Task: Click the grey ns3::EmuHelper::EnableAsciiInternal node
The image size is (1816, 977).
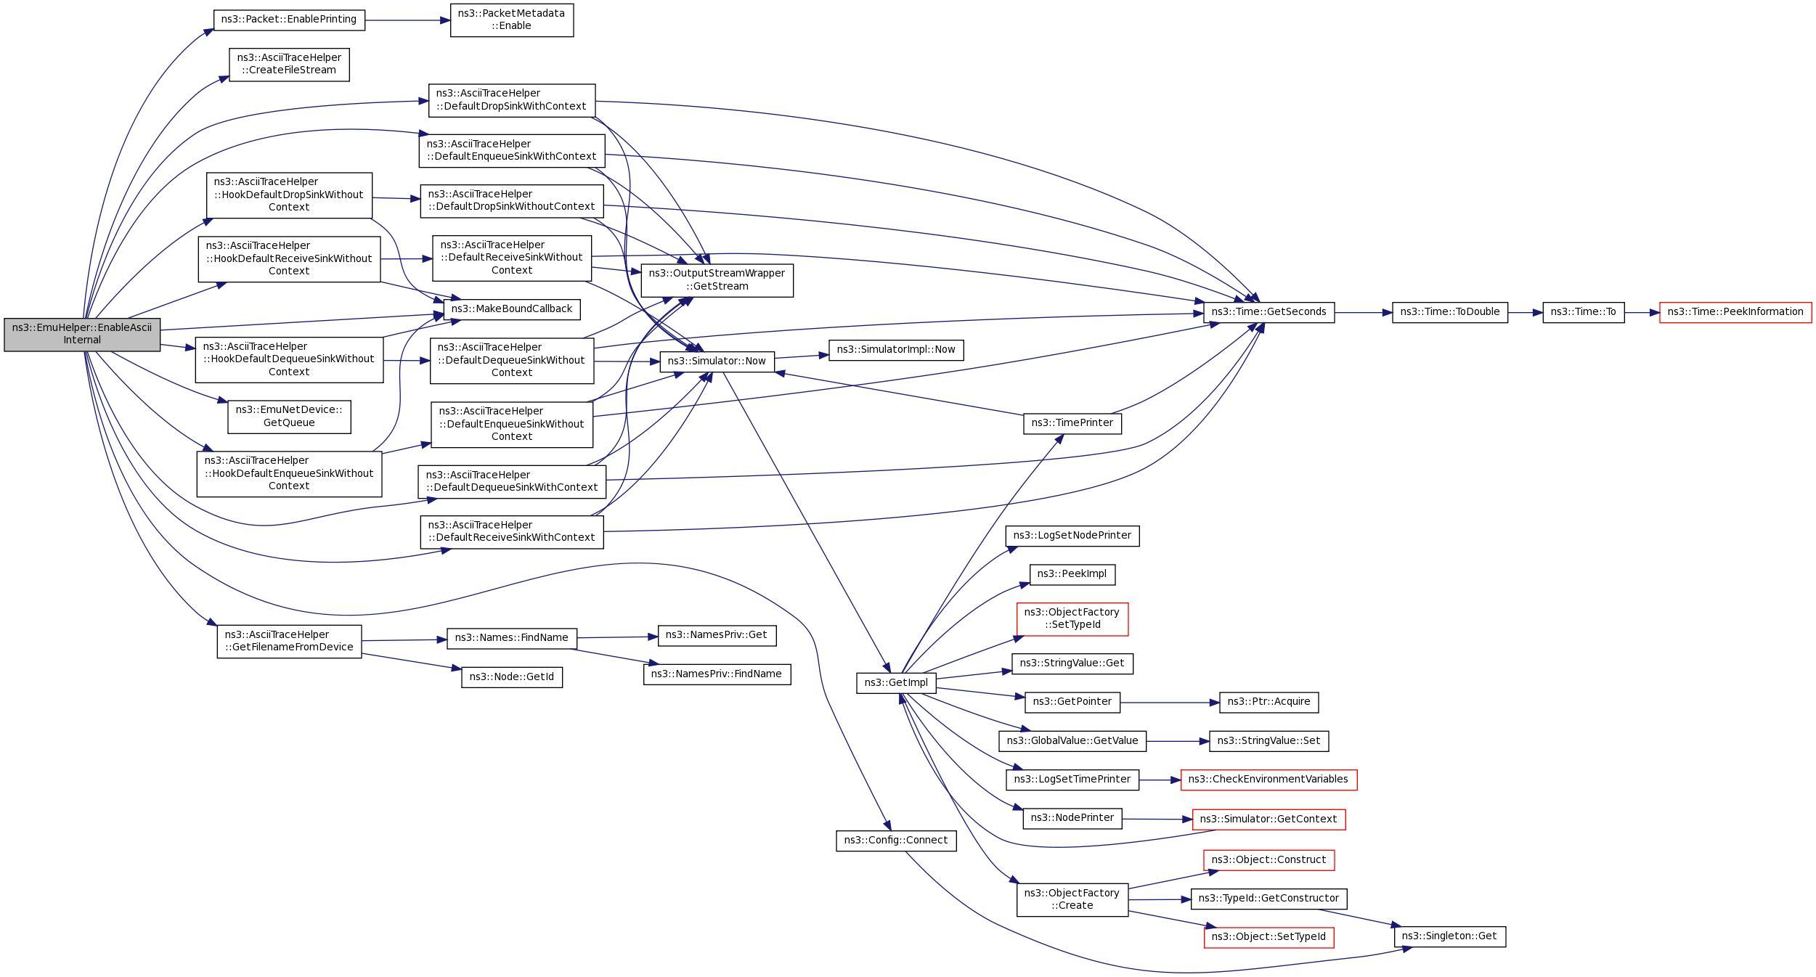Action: pyautogui.click(x=82, y=335)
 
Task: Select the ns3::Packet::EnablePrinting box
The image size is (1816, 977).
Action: pyautogui.click(x=289, y=20)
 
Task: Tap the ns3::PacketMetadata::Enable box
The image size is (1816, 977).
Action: pyautogui.click(x=511, y=20)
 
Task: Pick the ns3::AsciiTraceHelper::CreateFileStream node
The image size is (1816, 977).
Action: pyautogui.click(x=289, y=65)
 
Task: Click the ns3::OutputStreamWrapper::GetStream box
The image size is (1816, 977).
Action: pyautogui.click(x=717, y=280)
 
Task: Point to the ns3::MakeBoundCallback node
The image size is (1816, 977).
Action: pyautogui.click(x=511, y=309)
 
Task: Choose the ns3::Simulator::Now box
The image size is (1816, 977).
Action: pyautogui.click(x=717, y=361)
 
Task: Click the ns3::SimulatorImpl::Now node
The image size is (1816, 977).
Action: pyautogui.click(x=896, y=350)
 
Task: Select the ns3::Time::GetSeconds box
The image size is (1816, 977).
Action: pyautogui.click(x=1269, y=313)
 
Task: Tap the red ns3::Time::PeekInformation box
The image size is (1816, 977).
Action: pyautogui.click(x=1735, y=313)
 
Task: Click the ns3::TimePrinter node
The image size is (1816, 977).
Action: pyautogui.click(x=1072, y=423)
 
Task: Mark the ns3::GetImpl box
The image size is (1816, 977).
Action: pyautogui.click(x=896, y=683)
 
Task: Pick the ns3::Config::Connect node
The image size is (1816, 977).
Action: pyautogui.click(x=896, y=841)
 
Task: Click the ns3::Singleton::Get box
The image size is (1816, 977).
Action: pyautogui.click(x=1449, y=936)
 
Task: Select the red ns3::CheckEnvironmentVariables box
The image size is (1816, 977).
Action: pyautogui.click(x=1269, y=780)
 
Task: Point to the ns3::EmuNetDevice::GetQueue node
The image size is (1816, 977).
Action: pyautogui.click(x=289, y=417)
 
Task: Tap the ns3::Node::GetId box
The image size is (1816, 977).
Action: pyautogui.click(x=511, y=677)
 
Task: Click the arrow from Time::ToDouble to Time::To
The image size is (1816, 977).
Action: pyautogui.click(x=1525, y=313)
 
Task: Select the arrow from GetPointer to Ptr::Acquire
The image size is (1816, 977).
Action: pyautogui.click(x=1169, y=703)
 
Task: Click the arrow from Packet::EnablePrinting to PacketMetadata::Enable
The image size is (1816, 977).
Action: pyautogui.click(x=407, y=20)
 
